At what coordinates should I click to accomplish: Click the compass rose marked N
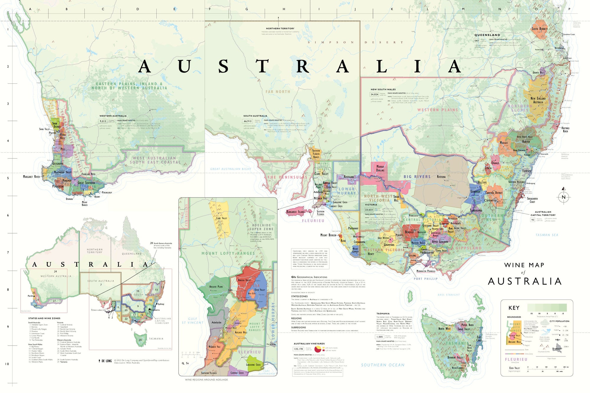click(x=563, y=197)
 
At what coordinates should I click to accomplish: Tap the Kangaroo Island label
click(x=296, y=212)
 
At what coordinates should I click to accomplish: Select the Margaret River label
click(x=31, y=177)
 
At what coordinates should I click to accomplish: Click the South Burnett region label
click(x=540, y=29)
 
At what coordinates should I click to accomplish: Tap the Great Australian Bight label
click(x=231, y=169)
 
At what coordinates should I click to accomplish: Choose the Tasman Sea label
click(x=547, y=235)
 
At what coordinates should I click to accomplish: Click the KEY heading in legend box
click(x=514, y=308)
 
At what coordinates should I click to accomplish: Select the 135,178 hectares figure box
click(x=298, y=349)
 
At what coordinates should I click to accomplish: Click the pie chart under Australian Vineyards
click(x=318, y=349)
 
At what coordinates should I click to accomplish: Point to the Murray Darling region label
click(x=380, y=168)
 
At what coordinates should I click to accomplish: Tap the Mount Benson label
click(x=328, y=235)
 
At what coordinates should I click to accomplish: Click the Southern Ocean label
click(x=383, y=365)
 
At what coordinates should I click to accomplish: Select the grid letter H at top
click(x=284, y=9)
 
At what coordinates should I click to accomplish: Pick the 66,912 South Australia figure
click(x=248, y=121)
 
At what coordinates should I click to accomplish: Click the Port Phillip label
click(x=426, y=279)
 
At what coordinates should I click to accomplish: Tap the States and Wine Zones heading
click(x=44, y=318)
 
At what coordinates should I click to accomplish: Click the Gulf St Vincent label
click(x=192, y=321)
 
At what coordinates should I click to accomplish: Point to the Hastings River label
click(x=565, y=129)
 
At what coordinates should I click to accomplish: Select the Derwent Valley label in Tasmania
click(x=455, y=358)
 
